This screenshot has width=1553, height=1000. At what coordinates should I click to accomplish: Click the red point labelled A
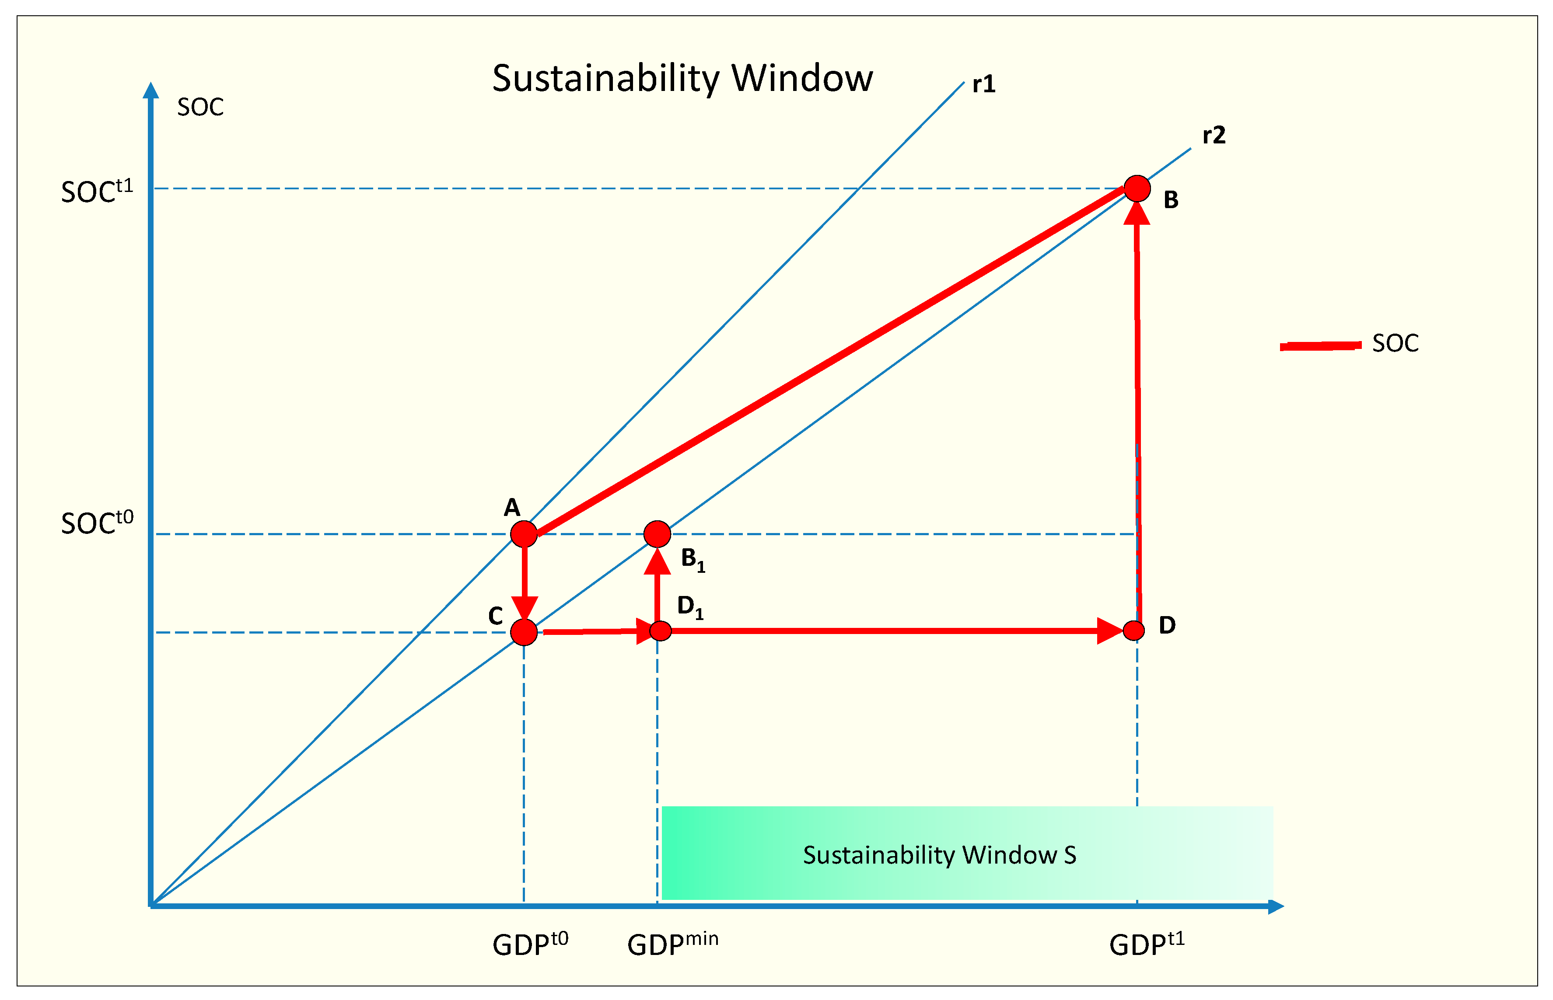tap(524, 534)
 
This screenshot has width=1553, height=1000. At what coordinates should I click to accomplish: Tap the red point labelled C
tap(524, 632)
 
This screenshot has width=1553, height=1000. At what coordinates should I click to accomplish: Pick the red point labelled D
tap(1133, 630)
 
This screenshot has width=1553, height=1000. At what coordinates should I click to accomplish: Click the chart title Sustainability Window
tap(682, 79)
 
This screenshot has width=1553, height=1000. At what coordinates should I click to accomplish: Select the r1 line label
tap(983, 84)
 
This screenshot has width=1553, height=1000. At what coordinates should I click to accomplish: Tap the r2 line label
tap(1213, 135)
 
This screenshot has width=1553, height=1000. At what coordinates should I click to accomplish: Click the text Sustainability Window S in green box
tap(939, 854)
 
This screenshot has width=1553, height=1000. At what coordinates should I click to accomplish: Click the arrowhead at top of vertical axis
tap(150, 91)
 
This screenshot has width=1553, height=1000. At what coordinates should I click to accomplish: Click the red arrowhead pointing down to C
tap(524, 609)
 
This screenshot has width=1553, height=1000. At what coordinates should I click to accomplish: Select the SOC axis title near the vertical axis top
tap(200, 107)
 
